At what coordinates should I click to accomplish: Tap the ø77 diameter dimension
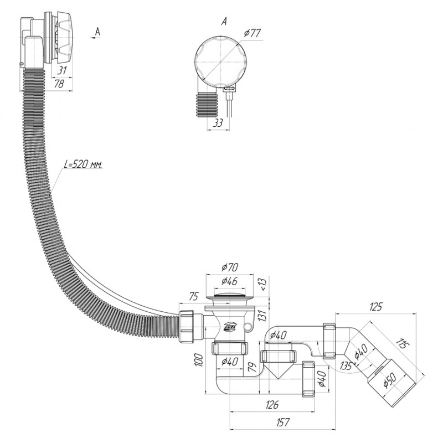253,33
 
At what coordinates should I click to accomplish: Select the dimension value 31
62,71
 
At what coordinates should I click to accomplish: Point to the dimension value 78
59,84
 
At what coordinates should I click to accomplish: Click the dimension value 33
218,123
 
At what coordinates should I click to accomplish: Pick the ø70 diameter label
230,267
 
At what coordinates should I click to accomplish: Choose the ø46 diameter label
229,281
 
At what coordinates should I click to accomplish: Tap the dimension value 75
194,297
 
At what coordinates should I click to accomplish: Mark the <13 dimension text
262,284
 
